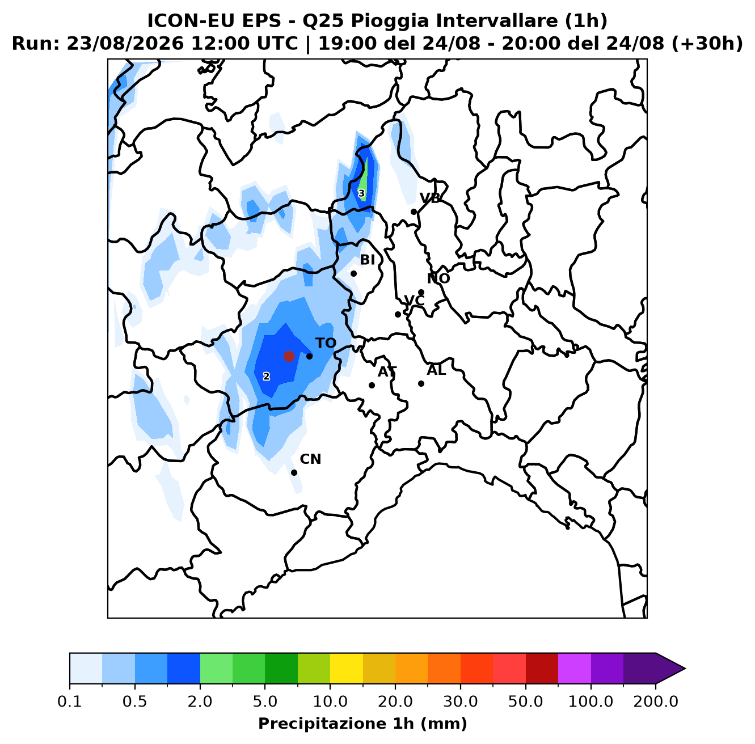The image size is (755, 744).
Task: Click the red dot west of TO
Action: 289,356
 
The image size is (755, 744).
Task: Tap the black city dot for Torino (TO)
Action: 309,356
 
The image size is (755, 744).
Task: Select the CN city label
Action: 310,459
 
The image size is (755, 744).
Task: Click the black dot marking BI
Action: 353,273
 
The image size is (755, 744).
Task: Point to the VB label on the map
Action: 430,198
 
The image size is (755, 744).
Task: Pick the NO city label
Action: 438,278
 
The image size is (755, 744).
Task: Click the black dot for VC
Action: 398,314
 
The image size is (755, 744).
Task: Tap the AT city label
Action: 387,372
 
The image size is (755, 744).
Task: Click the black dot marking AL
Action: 421,383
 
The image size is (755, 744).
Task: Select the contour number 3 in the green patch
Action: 361,193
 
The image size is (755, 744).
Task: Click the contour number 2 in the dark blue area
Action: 267,377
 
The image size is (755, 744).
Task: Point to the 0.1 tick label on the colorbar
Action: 70,701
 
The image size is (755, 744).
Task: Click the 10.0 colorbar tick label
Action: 330,701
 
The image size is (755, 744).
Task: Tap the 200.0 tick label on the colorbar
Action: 656,701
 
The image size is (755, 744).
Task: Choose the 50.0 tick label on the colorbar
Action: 525,701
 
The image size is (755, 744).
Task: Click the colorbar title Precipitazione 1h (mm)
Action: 362,723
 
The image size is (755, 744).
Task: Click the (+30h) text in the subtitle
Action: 707,44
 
